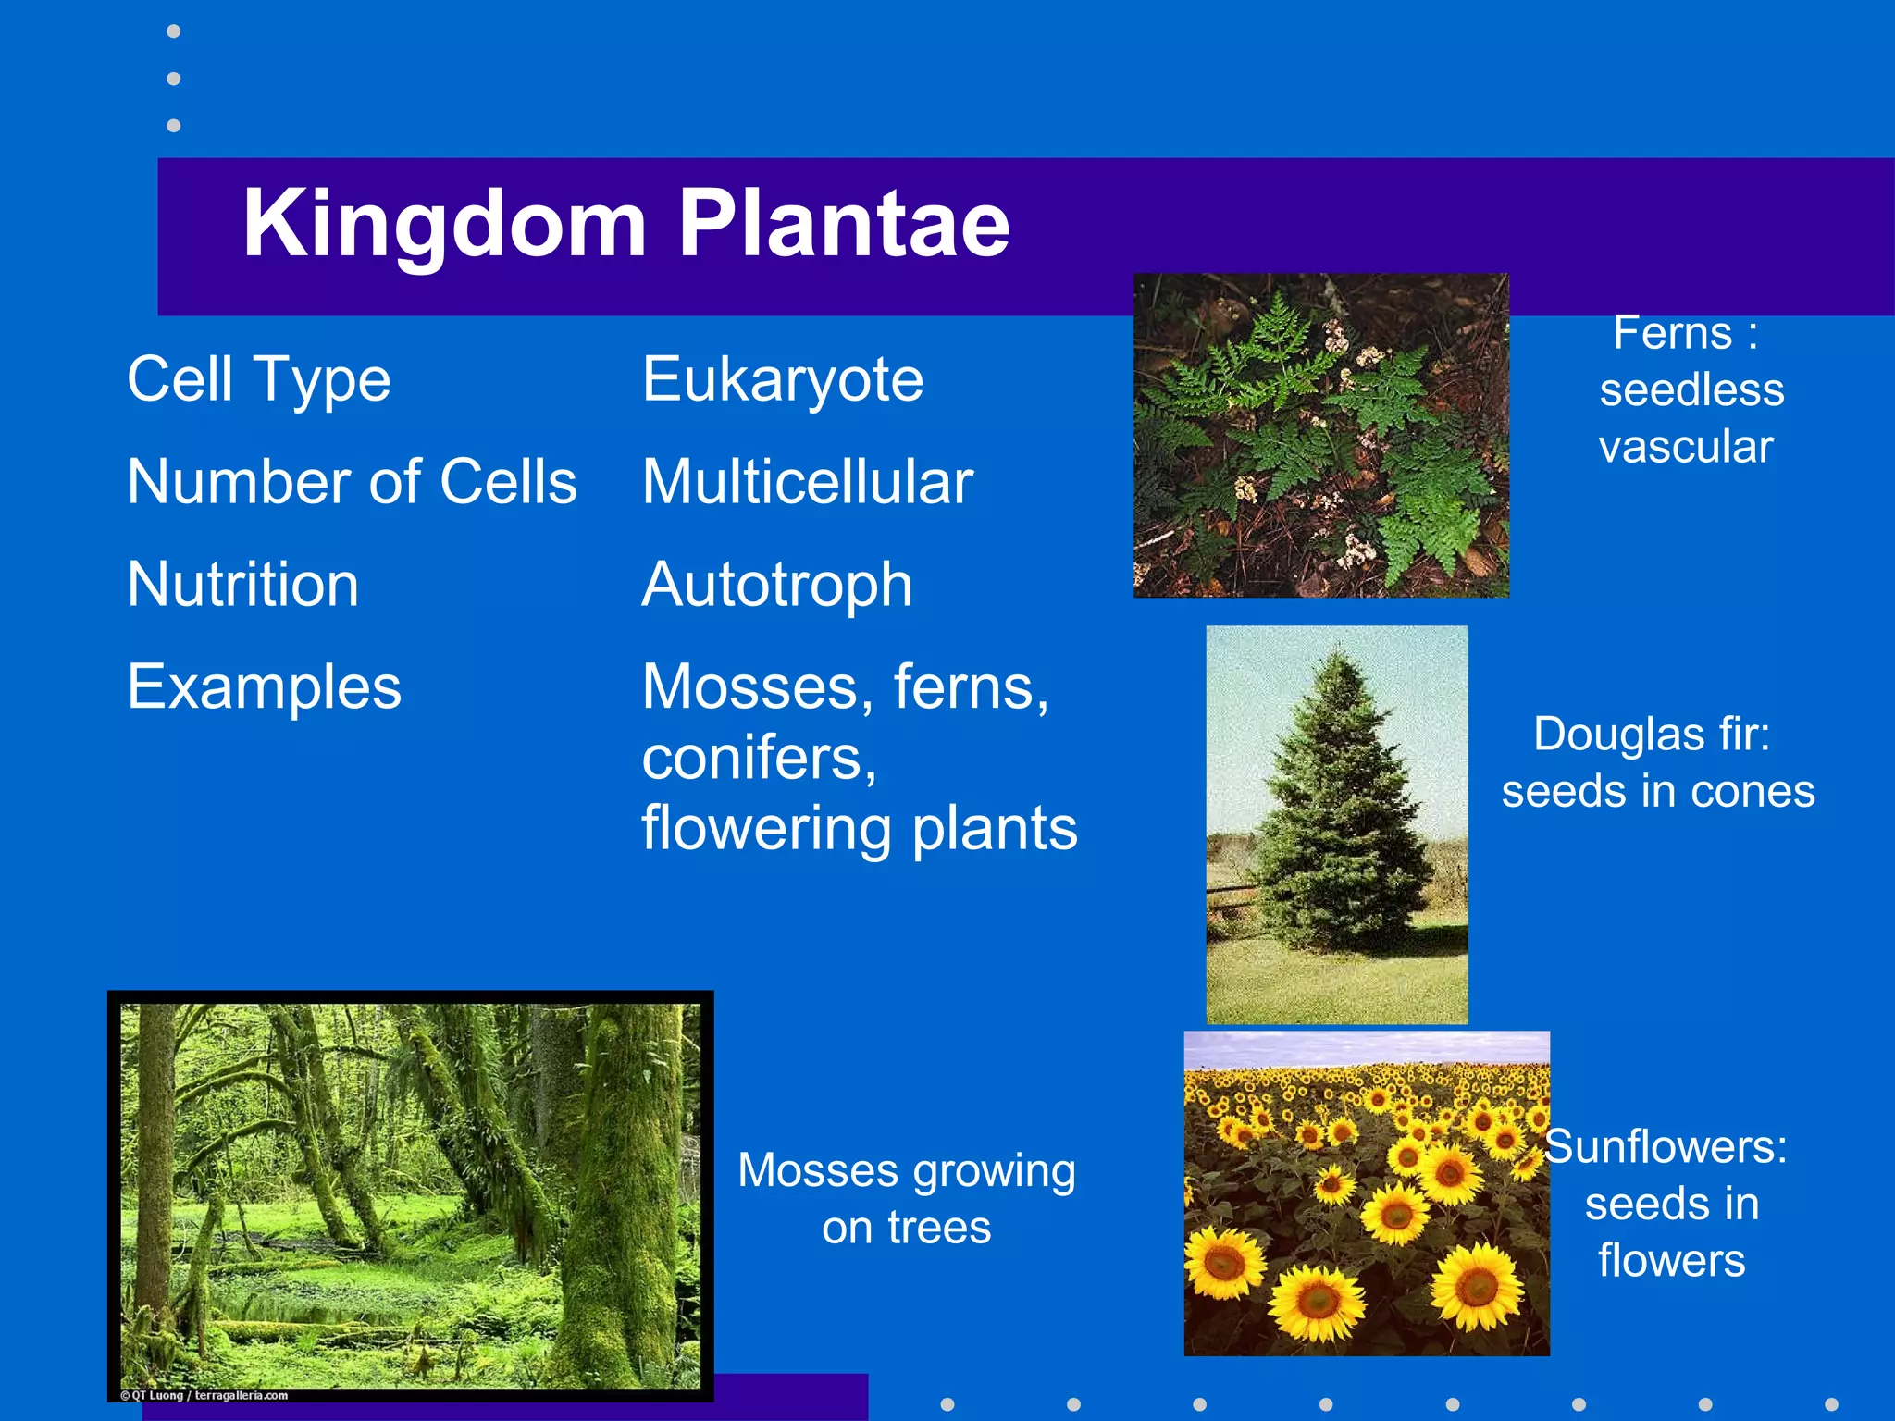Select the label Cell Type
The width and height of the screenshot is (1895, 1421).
coord(259,379)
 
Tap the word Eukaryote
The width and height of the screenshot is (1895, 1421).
coord(783,379)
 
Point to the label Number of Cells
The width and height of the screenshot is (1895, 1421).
coord(352,482)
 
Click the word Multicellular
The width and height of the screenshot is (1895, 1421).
coord(808,482)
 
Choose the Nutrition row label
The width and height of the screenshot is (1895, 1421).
coord(243,585)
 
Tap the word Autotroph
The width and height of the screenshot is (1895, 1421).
coord(777,585)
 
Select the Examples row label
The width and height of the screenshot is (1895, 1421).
coord(265,687)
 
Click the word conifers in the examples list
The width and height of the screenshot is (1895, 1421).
coord(759,759)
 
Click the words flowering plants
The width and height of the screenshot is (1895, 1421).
coord(860,828)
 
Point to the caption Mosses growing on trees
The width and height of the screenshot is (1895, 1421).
coord(907,1198)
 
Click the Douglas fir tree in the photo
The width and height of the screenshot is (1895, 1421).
coord(1337,814)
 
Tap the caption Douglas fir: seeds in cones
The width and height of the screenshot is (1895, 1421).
coord(1656,762)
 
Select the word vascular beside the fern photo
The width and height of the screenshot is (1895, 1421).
coord(1686,447)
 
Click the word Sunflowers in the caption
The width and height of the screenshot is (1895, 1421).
coord(1666,1147)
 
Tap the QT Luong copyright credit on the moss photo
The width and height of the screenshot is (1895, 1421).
coord(204,1395)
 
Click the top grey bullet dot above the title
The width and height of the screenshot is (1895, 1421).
coord(173,31)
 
